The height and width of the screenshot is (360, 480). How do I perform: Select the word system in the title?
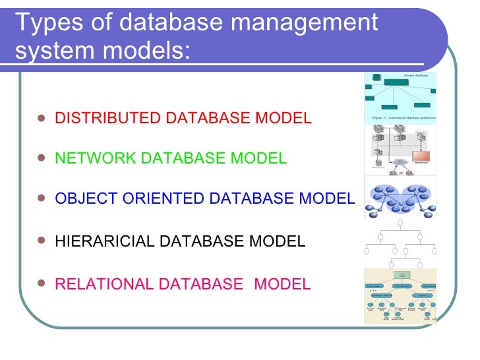53,51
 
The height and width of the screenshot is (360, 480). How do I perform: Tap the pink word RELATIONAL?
101,284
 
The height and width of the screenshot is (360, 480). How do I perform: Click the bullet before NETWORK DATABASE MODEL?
42,159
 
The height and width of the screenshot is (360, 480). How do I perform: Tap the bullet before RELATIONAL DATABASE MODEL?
42,284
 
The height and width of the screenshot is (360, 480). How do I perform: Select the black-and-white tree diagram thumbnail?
400,245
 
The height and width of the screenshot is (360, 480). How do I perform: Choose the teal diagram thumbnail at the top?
400,97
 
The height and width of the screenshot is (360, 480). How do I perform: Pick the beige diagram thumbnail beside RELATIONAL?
400,295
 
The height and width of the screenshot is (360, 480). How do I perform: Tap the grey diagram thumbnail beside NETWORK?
400,150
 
